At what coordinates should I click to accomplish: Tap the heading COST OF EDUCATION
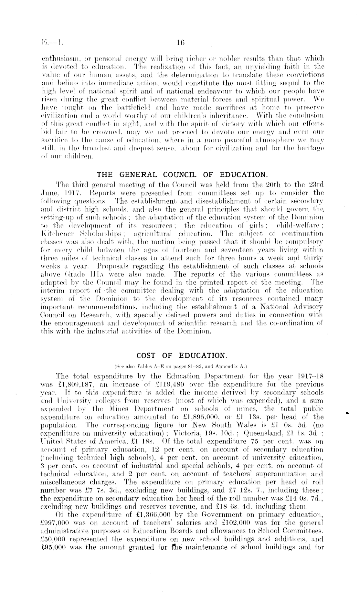pos(181,356)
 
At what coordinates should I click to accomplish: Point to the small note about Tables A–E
pos(181,366)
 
